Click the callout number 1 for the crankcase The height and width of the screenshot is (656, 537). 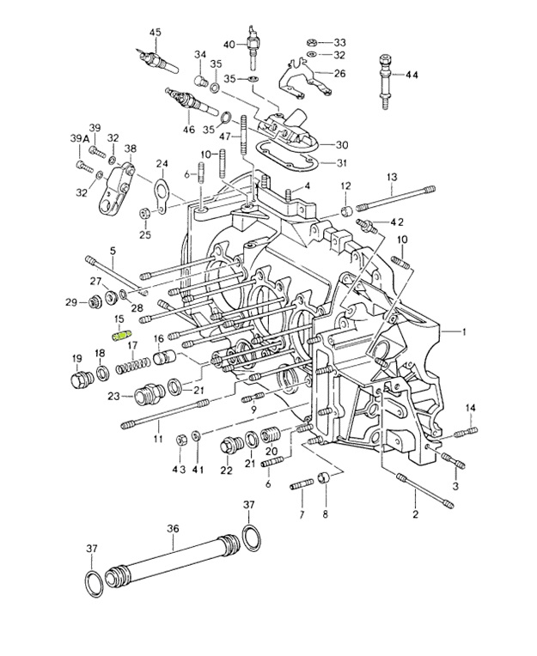click(x=465, y=331)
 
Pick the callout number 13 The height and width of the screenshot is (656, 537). click(x=391, y=177)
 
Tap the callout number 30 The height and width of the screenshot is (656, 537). click(x=341, y=144)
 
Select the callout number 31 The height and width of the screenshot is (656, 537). click(x=341, y=164)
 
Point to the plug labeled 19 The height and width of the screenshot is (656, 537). click(x=77, y=379)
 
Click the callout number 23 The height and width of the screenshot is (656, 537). click(x=114, y=396)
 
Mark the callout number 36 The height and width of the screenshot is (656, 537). click(x=172, y=529)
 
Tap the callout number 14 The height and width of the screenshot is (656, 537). click(x=471, y=407)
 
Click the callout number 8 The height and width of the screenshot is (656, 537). click(x=325, y=515)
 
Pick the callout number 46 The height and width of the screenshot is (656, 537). click(x=188, y=130)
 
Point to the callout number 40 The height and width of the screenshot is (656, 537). click(x=229, y=44)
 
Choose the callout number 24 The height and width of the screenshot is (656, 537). click(x=161, y=163)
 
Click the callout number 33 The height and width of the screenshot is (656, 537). click(x=339, y=41)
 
